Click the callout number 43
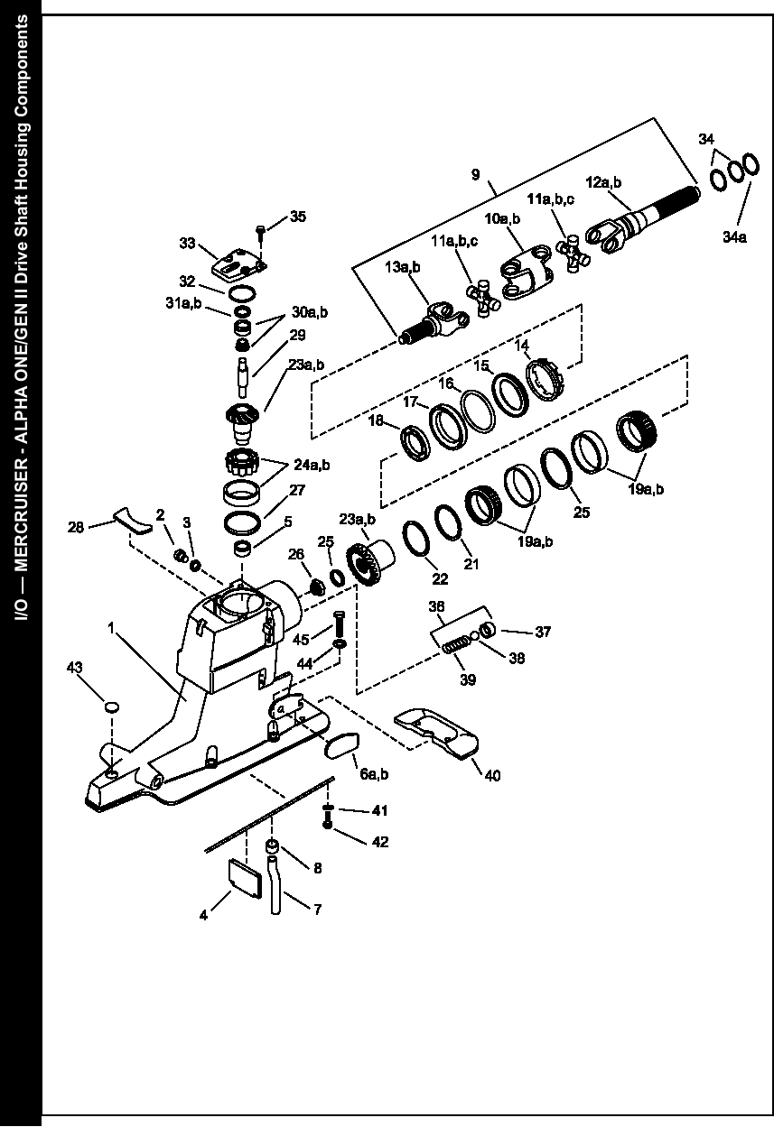click(x=74, y=668)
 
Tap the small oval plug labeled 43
click(x=111, y=707)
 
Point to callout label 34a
click(x=734, y=236)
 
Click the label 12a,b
click(x=603, y=181)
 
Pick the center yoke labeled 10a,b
click(x=527, y=273)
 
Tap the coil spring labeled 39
click(x=456, y=644)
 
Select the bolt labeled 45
click(x=339, y=622)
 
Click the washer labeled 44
click(x=340, y=643)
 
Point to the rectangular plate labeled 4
click(x=246, y=879)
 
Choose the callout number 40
click(x=492, y=776)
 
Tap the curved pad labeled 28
click(x=133, y=522)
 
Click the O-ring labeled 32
click(x=242, y=293)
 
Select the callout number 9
click(x=476, y=174)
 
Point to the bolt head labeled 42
click(x=328, y=825)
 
